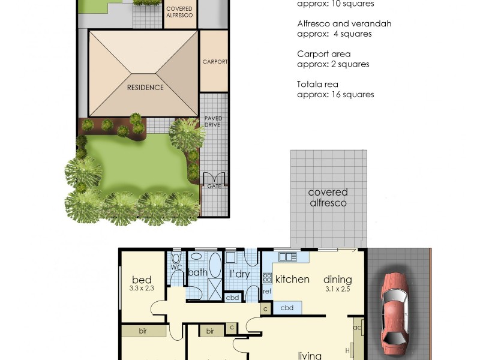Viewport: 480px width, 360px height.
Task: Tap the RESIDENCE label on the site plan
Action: point(145,87)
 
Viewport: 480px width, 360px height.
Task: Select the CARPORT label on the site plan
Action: point(214,61)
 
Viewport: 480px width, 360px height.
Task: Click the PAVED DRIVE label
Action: point(213,121)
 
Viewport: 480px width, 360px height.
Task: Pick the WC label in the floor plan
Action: point(176,267)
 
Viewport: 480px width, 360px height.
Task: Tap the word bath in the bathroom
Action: point(198,272)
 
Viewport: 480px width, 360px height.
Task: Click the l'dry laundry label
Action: point(240,274)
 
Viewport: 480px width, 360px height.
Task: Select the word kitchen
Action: point(292,279)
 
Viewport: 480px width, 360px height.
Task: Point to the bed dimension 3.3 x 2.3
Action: point(142,288)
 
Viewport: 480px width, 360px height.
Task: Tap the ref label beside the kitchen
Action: point(267,292)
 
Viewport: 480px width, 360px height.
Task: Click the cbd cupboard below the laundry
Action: point(232,297)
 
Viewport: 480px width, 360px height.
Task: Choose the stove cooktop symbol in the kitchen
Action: point(267,278)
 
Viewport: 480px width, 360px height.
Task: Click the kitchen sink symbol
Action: point(287,257)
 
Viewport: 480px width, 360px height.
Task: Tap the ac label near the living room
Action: point(357,327)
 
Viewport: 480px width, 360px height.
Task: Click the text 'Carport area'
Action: point(324,54)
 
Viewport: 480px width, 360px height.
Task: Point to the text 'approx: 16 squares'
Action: point(335,94)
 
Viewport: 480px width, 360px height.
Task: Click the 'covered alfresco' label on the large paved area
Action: point(328,197)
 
